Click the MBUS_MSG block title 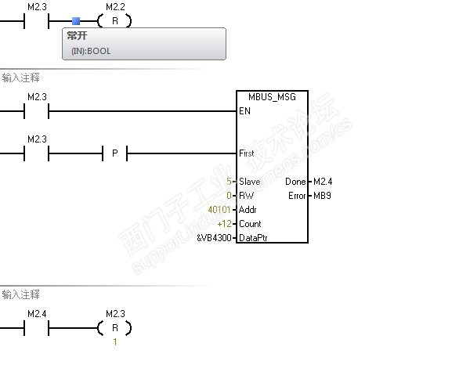click(x=272, y=97)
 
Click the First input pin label click(x=246, y=153)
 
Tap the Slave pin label click(x=249, y=182)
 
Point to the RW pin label click(x=245, y=196)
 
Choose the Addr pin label click(x=248, y=210)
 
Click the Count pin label click(x=250, y=224)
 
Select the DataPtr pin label click(x=253, y=238)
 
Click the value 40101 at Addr click(x=220, y=210)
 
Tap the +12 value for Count click(x=225, y=224)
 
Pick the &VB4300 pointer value click(x=214, y=238)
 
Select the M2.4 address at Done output click(x=321, y=182)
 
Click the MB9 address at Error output click(x=322, y=196)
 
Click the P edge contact click(x=114, y=153)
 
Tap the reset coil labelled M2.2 click(x=114, y=21)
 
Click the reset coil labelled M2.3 click(x=114, y=328)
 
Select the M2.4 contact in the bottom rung click(x=37, y=328)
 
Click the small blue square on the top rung click(x=75, y=21)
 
